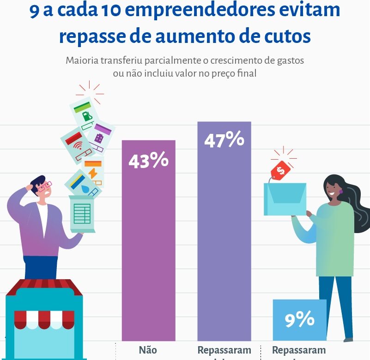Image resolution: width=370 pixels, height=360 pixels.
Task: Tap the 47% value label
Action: (x=224, y=140)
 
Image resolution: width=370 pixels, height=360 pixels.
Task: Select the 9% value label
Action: (x=299, y=319)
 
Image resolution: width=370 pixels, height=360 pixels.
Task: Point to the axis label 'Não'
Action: (x=148, y=350)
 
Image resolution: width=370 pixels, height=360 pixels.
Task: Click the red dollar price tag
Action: (x=280, y=170)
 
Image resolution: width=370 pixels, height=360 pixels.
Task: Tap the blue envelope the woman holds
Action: (x=285, y=198)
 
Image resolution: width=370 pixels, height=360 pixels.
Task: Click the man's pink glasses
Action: (x=45, y=187)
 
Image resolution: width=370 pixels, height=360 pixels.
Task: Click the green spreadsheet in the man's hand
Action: (x=82, y=214)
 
